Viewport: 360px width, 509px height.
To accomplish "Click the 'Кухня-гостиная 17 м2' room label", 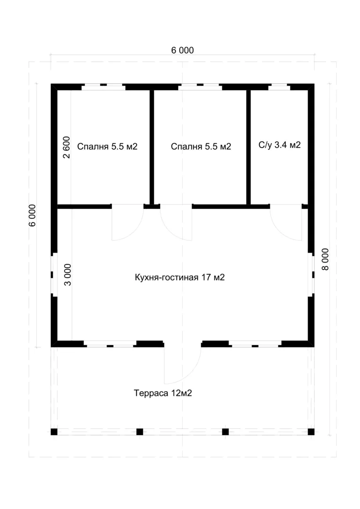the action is tap(180, 277).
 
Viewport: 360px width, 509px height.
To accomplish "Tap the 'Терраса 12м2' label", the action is tap(163, 393).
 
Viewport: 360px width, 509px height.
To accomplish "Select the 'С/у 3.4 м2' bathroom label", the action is tap(279, 145).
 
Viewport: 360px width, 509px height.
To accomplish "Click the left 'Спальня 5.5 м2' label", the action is tap(107, 147).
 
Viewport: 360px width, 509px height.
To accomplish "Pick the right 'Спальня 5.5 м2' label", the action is tap(201, 147).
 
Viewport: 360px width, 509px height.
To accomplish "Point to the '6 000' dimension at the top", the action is tap(182, 50).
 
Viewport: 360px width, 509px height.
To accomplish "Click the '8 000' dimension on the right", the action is tap(325, 259).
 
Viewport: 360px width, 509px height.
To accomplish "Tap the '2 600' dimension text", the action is tap(66, 148).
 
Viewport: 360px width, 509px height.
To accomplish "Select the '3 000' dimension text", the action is tap(67, 275).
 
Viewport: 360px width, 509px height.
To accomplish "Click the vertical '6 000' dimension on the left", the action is tap(33, 215).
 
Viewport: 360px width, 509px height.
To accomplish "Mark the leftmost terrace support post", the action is tap(54, 432).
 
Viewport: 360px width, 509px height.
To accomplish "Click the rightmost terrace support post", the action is tap(311, 432).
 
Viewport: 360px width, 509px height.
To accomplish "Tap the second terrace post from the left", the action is tap(139, 432).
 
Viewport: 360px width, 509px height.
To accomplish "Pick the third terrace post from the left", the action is tap(225, 432).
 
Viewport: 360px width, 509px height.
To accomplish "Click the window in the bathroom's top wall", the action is tap(279, 87).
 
